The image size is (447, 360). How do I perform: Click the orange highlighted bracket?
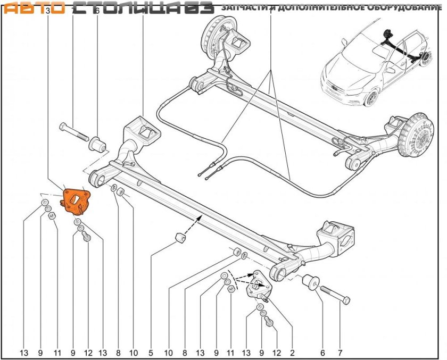point(76,200)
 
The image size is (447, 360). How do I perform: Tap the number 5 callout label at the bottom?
point(151,351)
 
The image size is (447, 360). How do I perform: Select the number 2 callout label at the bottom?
point(292,351)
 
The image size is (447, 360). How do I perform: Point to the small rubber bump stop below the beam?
point(180,237)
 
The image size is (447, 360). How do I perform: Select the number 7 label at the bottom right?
point(340,351)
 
